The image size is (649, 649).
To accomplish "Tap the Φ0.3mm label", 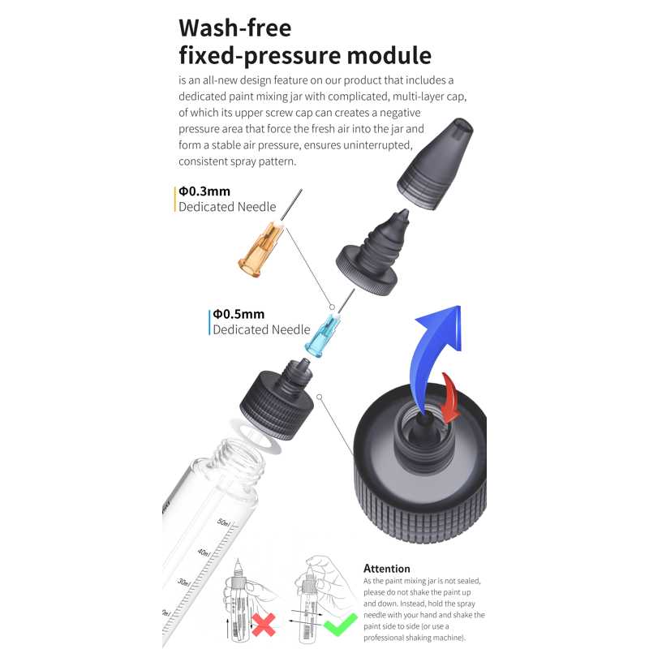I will pyautogui.click(x=204, y=191).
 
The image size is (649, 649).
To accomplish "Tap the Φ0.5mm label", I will pyautogui.click(x=239, y=314).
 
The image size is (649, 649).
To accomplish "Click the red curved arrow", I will pyautogui.click(x=449, y=398).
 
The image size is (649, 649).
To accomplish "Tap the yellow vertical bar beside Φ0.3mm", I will pyautogui.click(x=175, y=199).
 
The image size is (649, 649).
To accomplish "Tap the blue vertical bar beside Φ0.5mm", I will pyautogui.click(x=209, y=321).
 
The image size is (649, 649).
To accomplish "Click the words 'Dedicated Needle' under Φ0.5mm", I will pyautogui.click(x=261, y=329).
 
